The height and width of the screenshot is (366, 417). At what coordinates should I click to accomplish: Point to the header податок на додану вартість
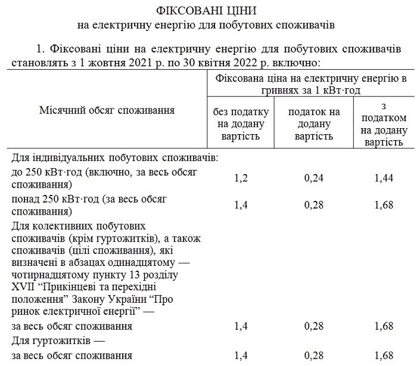tap(314, 124)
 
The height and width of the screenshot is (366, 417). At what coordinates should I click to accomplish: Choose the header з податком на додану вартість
tap(384, 124)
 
